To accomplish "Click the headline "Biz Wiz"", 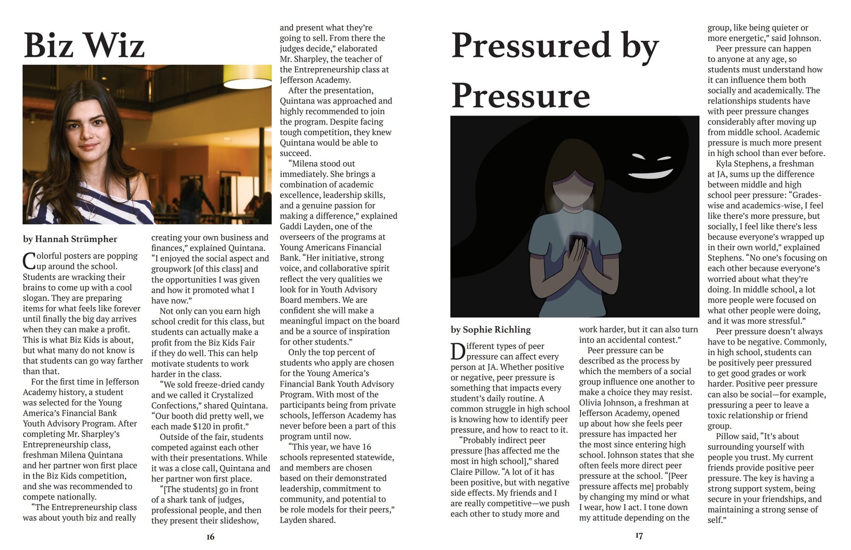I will pyautogui.click(x=84, y=45).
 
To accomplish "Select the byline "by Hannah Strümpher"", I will pyautogui.click(x=70, y=239).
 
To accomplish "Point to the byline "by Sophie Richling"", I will pyautogui.click(x=491, y=329).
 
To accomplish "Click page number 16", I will pyautogui.click(x=210, y=537).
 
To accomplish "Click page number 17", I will pyautogui.click(x=639, y=536).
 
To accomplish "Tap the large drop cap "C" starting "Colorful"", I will pyautogui.click(x=29, y=261).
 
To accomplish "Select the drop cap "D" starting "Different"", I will pyautogui.click(x=458, y=352).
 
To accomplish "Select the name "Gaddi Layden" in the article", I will pyautogui.click(x=304, y=227).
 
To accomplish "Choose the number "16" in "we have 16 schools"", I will pyautogui.click(x=366, y=447).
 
